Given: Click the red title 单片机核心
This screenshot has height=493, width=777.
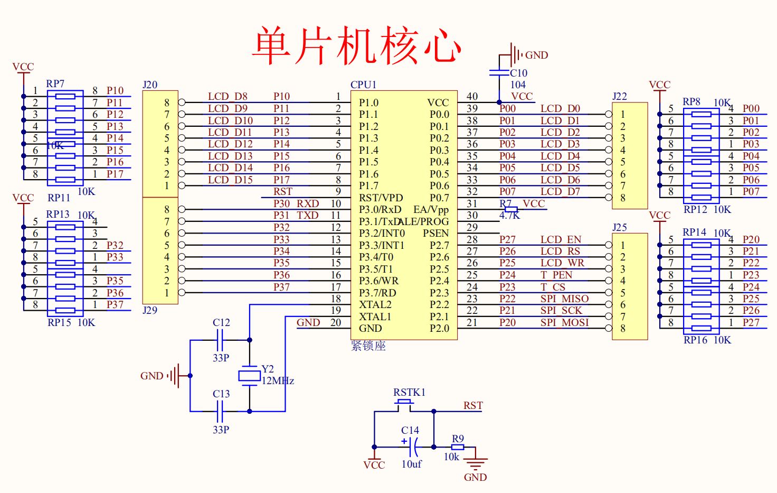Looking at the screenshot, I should click(357, 45).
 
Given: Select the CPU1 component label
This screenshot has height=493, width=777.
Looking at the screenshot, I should click(363, 85).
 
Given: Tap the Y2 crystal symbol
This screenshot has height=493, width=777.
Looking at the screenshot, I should click(249, 376).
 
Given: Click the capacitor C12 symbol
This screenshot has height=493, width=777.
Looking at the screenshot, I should click(220, 340).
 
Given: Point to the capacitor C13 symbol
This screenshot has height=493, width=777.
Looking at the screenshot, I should click(220, 411).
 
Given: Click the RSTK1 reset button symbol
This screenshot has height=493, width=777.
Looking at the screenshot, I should click(404, 404).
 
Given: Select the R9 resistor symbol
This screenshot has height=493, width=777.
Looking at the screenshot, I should click(458, 447).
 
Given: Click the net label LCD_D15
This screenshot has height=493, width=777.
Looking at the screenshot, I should click(230, 180).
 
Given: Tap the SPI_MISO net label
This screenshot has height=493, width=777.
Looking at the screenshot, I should click(564, 299).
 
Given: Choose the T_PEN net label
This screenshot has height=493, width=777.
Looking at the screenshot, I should click(556, 275).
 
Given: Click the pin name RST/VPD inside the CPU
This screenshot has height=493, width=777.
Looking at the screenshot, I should click(381, 198).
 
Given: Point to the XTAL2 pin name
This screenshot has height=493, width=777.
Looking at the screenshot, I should click(375, 304).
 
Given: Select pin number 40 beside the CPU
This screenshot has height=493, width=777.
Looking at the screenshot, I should click(472, 96).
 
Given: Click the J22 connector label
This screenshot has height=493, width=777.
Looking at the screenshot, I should click(620, 96).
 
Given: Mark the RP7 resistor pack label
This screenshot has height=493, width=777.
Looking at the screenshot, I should click(55, 83).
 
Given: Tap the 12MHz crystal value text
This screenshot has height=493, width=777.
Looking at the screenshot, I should click(278, 380).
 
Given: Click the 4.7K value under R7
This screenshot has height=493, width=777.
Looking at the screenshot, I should click(509, 215).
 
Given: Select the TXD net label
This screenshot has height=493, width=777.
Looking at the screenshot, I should click(307, 215).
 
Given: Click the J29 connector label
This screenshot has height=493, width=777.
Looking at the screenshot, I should click(150, 310).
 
